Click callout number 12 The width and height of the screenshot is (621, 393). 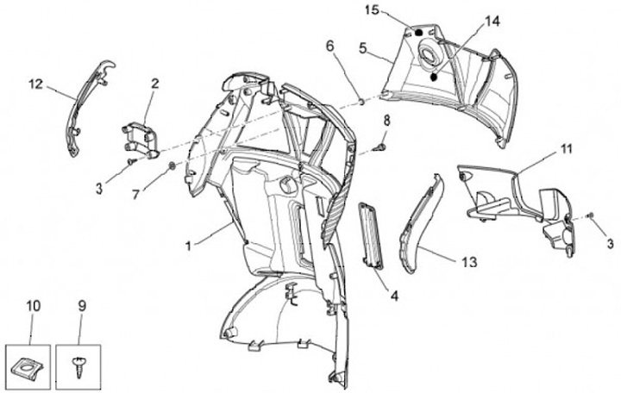(35, 84)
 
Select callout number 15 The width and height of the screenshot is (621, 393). (372, 9)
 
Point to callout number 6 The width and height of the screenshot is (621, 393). (329, 45)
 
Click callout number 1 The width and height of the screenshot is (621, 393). (189, 245)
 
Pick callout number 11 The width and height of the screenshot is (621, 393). (566, 149)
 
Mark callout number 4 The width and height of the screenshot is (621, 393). (393, 296)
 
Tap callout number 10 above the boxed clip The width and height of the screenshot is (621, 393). (34, 306)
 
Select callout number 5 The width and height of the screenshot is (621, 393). (363, 47)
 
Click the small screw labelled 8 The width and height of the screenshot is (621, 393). (380, 148)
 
